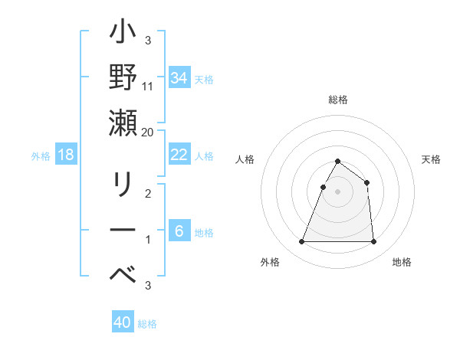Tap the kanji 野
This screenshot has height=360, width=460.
click(123, 78)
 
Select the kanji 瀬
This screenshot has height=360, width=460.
click(123, 123)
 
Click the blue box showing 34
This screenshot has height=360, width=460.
click(179, 78)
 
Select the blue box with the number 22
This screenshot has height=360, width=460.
click(179, 155)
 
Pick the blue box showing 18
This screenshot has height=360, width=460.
click(66, 155)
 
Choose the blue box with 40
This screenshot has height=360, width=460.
click(123, 322)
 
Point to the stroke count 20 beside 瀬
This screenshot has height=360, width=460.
click(148, 132)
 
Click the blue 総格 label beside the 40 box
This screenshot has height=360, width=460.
click(147, 324)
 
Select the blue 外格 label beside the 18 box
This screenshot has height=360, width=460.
click(41, 156)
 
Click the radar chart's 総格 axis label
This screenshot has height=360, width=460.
click(338, 100)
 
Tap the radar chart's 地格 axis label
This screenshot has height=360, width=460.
click(402, 262)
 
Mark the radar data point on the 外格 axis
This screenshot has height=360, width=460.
click(301, 242)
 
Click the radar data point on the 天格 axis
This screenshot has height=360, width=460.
click(367, 182)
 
